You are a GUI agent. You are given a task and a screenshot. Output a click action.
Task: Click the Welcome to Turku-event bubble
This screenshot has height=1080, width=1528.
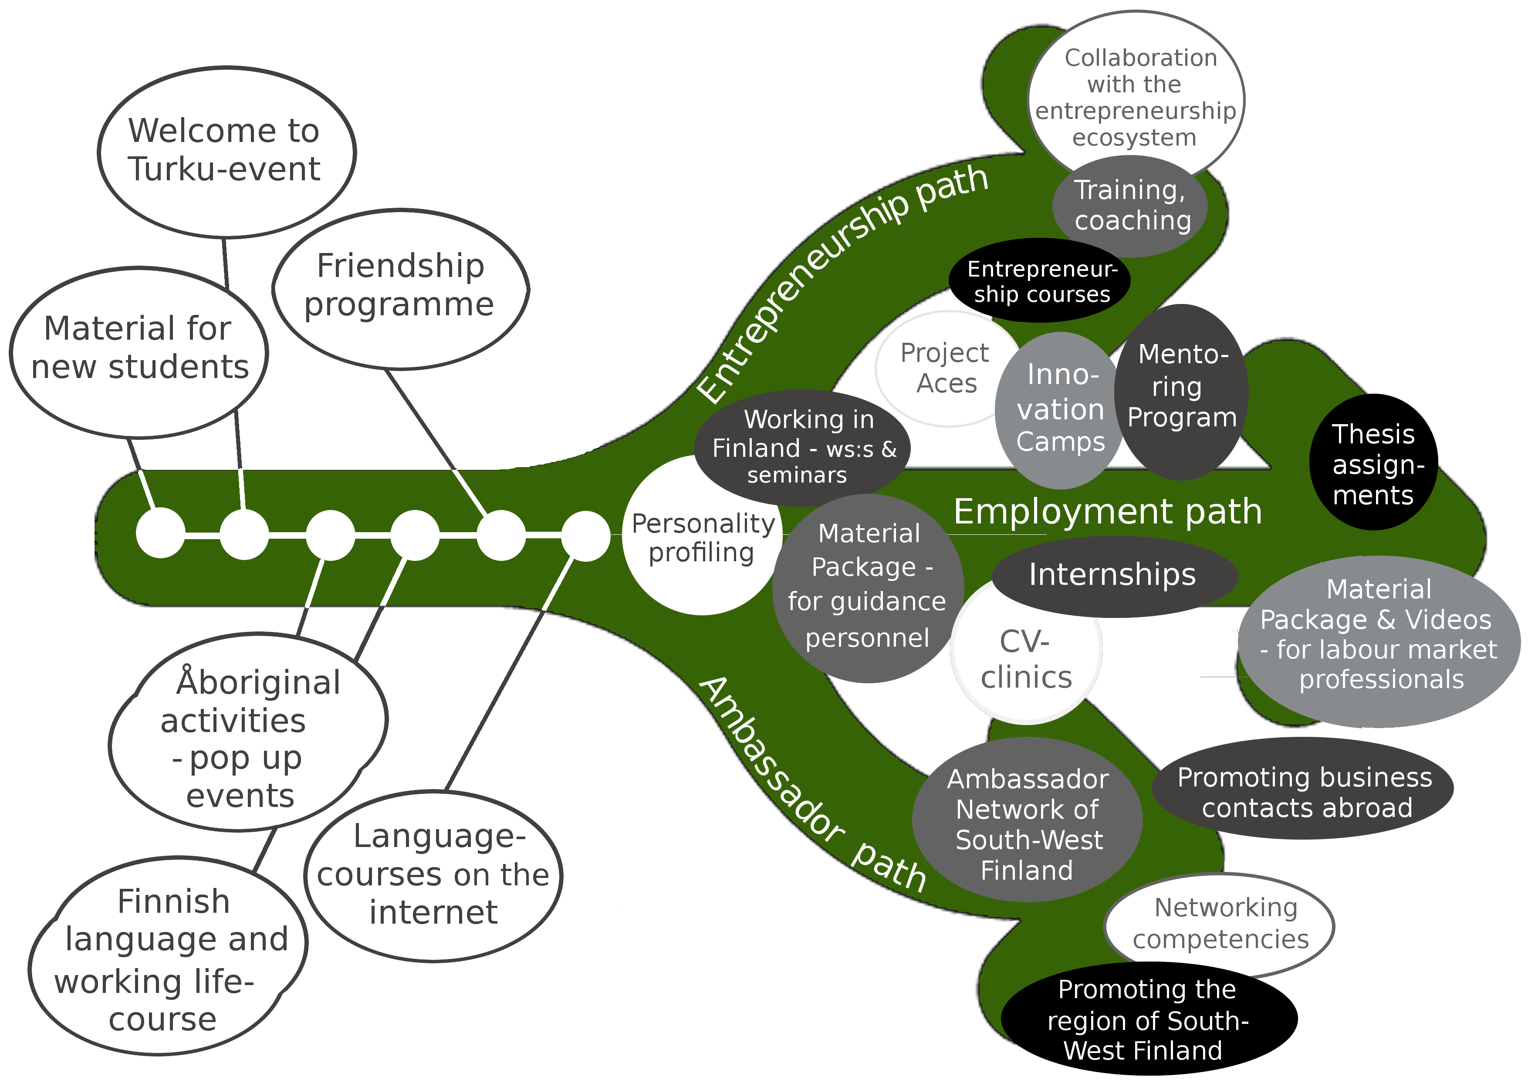(226, 152)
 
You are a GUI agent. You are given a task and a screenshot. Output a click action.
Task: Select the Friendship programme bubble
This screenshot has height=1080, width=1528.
(401, 287)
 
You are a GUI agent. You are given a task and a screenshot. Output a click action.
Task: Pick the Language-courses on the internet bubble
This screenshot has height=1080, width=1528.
(433, 874)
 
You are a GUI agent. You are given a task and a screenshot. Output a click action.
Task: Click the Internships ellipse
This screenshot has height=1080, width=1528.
(1113, 575)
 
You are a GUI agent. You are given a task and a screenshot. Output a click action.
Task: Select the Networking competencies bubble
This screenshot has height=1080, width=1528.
(1220, 924)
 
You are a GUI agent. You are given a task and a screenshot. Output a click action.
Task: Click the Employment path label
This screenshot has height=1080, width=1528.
(1107, 511)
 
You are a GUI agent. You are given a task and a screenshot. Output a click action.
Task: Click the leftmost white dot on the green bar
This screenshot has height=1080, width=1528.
(160, 532)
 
